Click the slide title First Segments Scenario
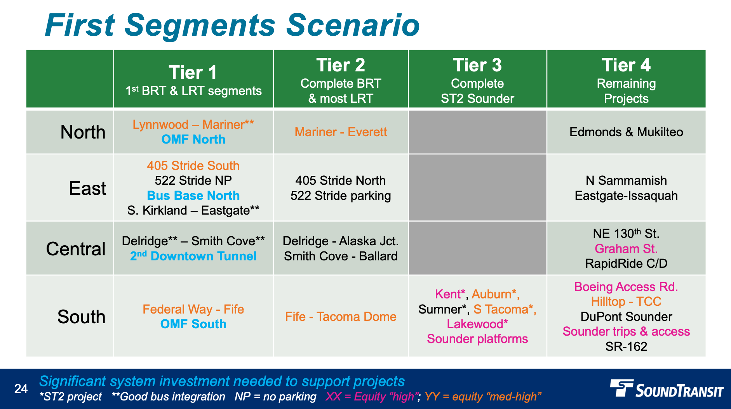[232, 26]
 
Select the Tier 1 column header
[193, 73]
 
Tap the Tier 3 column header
[477, 65]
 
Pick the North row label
[83, 132]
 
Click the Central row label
[76, 249]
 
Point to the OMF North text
[193, 139]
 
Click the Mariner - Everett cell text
[341, 132]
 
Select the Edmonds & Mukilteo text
[626, 132]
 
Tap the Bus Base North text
[193, 196]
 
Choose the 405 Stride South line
[193, 166]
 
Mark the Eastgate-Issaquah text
[626, 196]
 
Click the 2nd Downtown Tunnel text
[193, 256]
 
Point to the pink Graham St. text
[626, 249]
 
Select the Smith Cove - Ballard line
[341, 256]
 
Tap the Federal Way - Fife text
[193, 309]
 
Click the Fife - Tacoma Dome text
[341, 317]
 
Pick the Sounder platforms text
[477, 339]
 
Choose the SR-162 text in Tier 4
[626, 346]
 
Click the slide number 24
[21, 389]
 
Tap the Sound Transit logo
[667, 389]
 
